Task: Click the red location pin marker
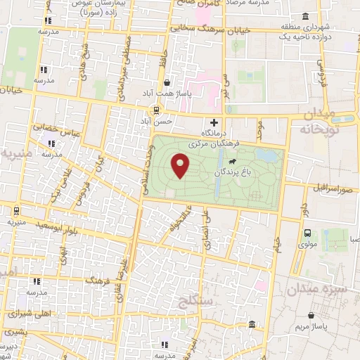click(x=181, y=166)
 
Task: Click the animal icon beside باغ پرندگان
click(x=243, y=162)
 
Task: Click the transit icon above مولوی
click(x=307, y=233)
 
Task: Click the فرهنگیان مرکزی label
click(x=215, y=145)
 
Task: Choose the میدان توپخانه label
click(x=330, y=121)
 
